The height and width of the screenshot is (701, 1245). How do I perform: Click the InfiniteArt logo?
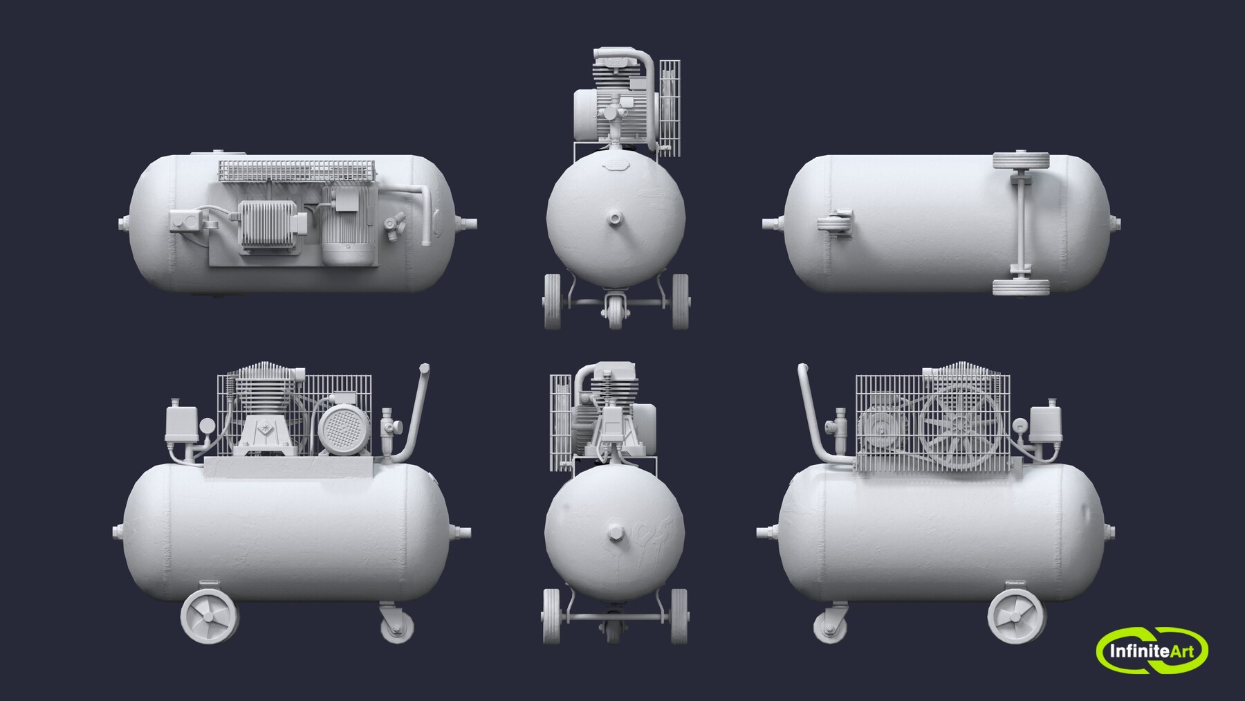(1151, 650)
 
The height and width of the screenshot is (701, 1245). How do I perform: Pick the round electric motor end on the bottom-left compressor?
(340, 428)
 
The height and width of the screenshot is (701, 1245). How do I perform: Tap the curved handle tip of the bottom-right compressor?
(802, 368)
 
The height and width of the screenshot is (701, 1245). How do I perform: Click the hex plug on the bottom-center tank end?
(614, 534)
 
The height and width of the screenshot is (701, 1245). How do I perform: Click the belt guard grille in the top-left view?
(297, 171)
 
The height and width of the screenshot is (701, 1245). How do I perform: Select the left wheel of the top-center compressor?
(552, 302)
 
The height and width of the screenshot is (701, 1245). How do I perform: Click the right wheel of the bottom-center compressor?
(679, 616)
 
